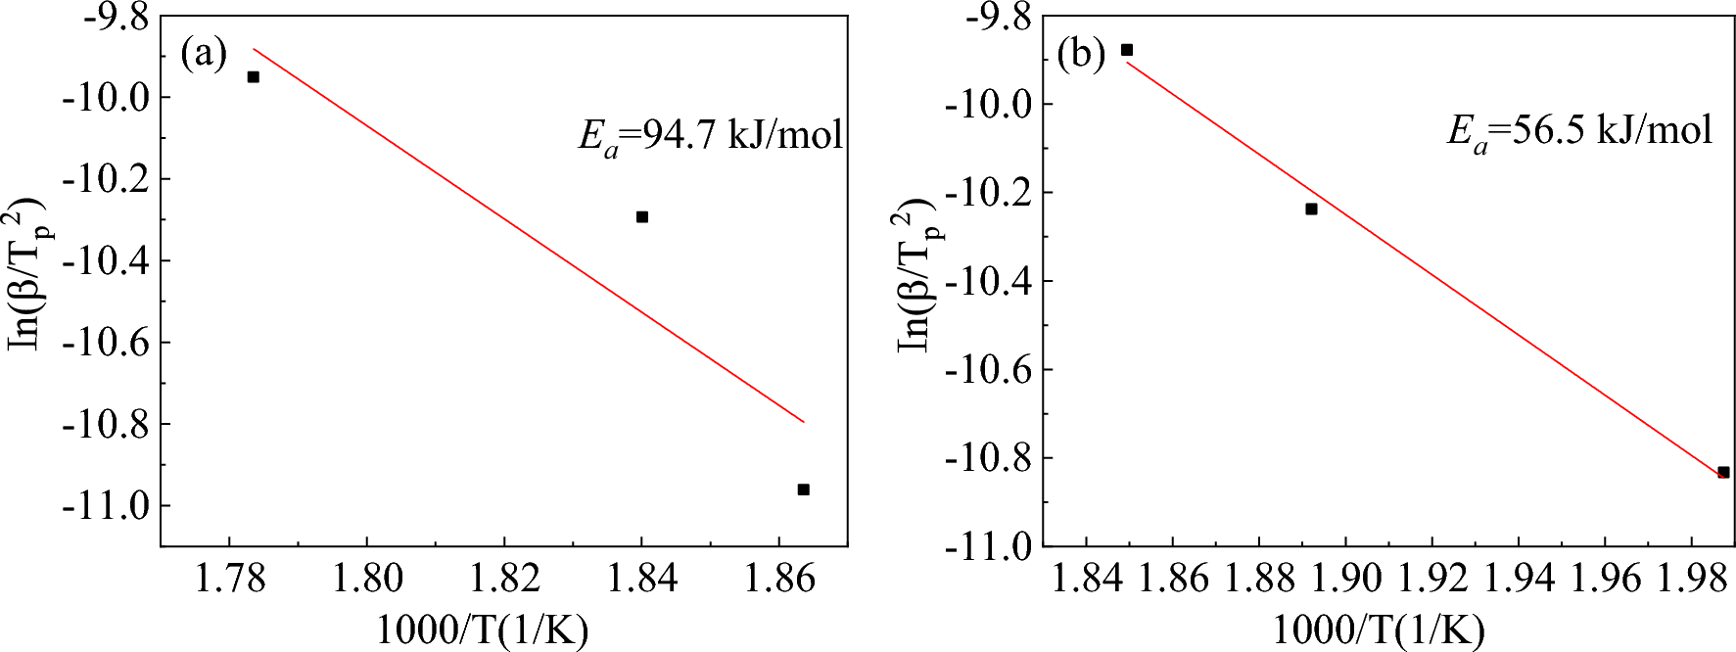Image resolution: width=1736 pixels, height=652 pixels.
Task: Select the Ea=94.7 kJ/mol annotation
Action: tap(710, 136)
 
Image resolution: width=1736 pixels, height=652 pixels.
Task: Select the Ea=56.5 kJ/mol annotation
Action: tap(1579, 130)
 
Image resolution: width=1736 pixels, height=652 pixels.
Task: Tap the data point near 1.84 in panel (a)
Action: tap(642, 216)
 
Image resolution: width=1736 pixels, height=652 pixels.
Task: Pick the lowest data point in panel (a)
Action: tap(803, 489)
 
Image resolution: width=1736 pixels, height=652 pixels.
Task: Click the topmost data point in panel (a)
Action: tap(253, 76)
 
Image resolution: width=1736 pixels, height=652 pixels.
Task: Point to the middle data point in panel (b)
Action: tap(1311, 209)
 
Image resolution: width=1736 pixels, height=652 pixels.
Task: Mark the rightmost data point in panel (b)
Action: tap(1723, 472)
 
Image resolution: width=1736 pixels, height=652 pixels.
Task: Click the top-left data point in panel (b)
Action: tap(1127, 50)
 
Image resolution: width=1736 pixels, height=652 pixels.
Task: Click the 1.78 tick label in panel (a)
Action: tap(228, 579)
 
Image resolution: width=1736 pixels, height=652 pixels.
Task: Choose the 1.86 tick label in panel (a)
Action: tap(779, 579)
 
